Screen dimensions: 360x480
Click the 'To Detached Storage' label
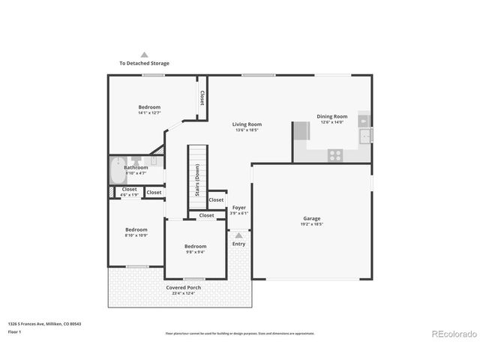click(144, 63)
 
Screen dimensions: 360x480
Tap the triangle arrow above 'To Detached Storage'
click(145, 55)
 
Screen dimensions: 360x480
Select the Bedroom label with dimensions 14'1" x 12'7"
click(149, 109)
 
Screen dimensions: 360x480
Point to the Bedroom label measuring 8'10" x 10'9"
click(136, 232)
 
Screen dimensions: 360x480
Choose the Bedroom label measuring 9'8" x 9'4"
click(195, 248)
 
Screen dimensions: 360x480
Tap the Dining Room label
click(331, 118)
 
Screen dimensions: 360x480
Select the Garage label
click(311, 221)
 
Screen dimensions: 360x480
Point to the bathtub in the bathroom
click(118, 171)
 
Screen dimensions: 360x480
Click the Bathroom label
click(136, 169)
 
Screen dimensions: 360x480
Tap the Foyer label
click(239, 209)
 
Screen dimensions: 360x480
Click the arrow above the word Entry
click(238, 235)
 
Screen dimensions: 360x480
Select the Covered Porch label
click(184, 289)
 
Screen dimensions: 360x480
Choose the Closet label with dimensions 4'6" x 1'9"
click(129, 191)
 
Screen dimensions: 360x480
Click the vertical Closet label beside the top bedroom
click(202, 97)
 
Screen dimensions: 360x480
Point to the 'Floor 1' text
click(15, 331)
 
